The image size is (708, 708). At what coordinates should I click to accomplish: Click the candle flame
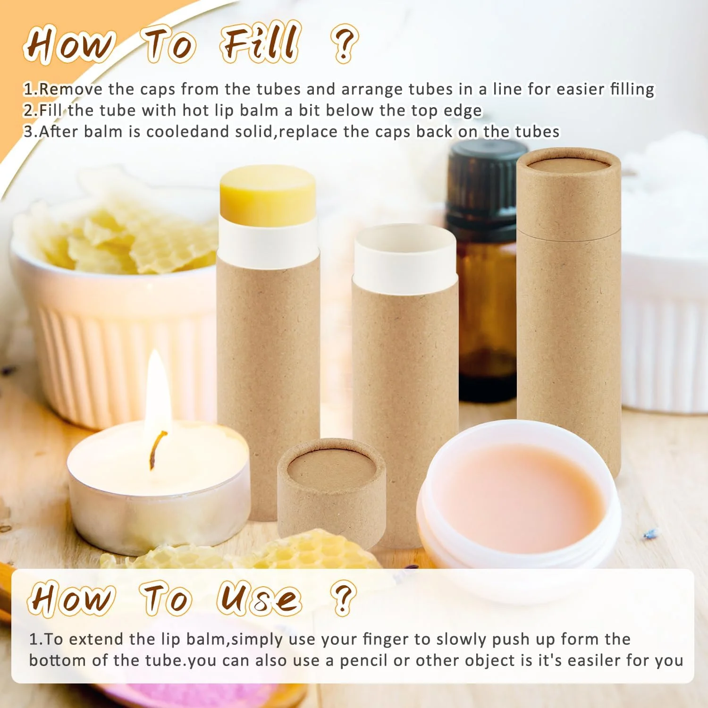(157, 392)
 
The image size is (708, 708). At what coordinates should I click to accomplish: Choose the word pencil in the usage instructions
(364, 660)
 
